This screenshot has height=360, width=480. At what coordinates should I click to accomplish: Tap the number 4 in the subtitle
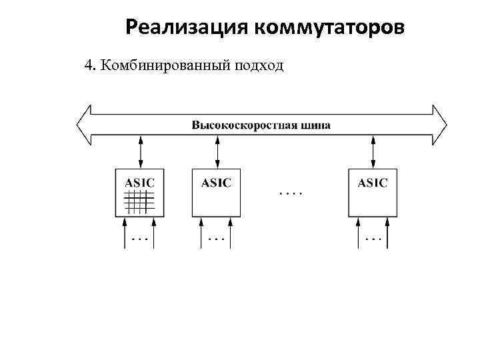point(87,65)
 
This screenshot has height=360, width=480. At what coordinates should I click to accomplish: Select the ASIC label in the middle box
point(216,181)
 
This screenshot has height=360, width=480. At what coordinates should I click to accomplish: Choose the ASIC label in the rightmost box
point(372,181)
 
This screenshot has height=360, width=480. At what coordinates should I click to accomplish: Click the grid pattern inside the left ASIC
point(139,202)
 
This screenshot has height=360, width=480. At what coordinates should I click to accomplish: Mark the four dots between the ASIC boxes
point(290,193)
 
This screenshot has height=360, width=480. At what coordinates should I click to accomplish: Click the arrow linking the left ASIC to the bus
point(141,153)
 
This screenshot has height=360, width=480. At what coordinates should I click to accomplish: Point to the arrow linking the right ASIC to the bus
point(373,153)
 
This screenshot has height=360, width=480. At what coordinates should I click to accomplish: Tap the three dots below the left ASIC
point(139,238)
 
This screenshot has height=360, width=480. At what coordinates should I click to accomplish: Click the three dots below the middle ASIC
point(216,238)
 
